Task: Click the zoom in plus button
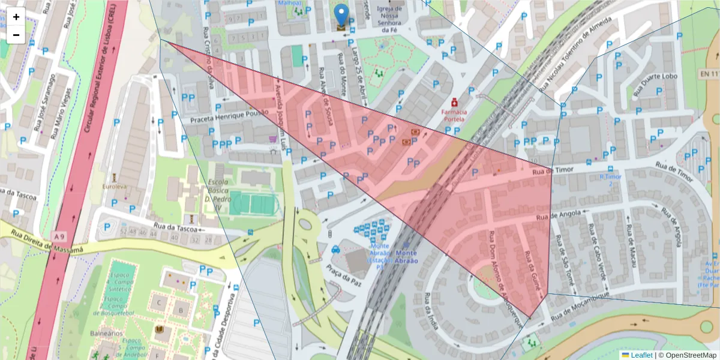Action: pyautogui.click(x=16, y=17)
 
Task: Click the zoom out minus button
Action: pyautogui.click(x=16, y=35)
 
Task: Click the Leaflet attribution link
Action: pyautogui.click(x=641, y=355)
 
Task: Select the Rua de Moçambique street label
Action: pyautogui.click(x=581, y=305)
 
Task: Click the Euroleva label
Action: pyautogui.click(x=115, y=187)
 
